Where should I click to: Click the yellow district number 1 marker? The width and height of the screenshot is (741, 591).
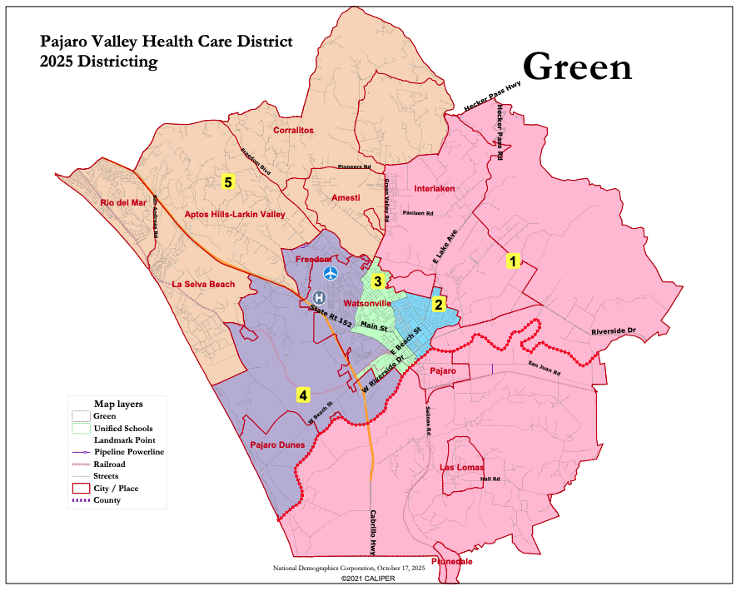(514, 261)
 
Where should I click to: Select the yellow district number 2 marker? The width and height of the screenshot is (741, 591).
(438, 304)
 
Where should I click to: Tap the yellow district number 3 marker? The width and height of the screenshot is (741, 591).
(377, 281)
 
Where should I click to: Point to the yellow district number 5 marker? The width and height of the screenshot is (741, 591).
(227, 181)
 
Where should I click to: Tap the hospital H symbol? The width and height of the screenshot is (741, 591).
(318, 297)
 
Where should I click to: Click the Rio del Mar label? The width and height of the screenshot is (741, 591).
(122, 202)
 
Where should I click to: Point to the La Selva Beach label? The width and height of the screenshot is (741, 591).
(203, 285)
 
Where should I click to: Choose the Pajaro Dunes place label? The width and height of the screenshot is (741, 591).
(279, 445)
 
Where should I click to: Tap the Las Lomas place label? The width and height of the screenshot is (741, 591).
(461, 468)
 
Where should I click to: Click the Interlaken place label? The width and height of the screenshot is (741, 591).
(435, 189)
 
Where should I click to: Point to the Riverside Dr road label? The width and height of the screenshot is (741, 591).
(614, 331)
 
